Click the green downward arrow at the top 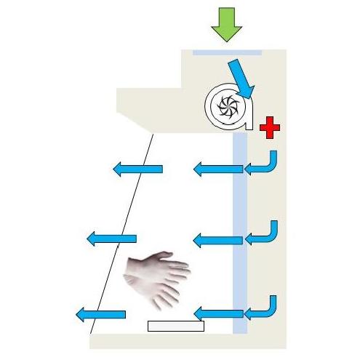click(x=226, y=25)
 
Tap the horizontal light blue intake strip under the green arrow click(x=226, y=52)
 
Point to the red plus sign click(x=270, y=128)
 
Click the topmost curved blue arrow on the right click(x=263, y=164)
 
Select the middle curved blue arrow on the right click(x=263, y=235)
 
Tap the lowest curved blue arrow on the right click(x=263, y=308)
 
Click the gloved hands click(x=156, y=276)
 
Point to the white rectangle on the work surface click(x=175, y=326)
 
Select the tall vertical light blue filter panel click(x=240, y=218)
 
